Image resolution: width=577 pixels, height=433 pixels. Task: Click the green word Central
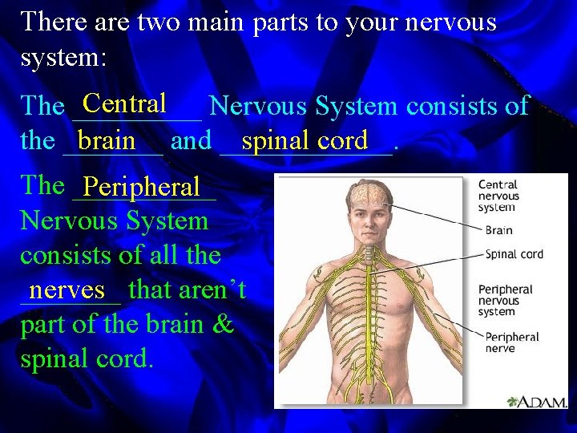click(x=124, y=103)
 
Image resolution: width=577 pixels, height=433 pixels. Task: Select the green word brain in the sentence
click(x=107, y=140)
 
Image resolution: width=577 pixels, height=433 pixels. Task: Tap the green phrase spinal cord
click(x=305, y=140)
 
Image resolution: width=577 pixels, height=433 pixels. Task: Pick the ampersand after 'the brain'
click(x=224, y=324)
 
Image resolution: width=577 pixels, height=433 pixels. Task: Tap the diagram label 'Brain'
click(x=498, y=229)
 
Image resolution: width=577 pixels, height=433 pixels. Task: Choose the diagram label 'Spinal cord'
click(x=514, y=254)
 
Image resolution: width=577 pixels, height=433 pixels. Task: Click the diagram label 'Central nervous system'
click(x=498, y=196)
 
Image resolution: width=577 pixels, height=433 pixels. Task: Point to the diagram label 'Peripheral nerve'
click(x=512, y=342)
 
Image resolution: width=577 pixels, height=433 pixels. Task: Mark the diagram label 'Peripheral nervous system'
click(x=505, y=300)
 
